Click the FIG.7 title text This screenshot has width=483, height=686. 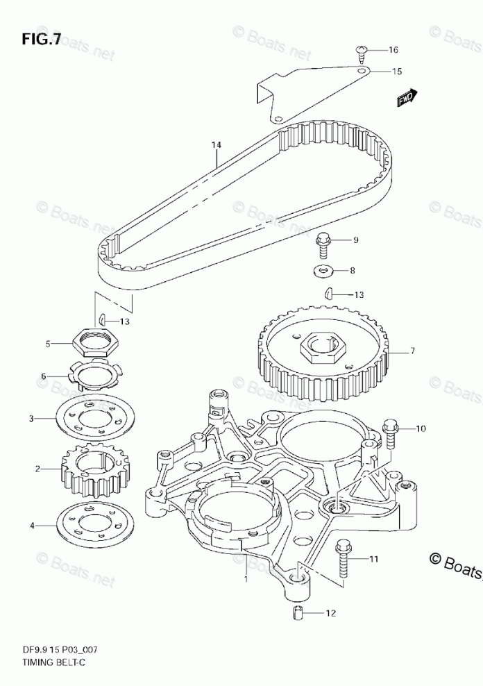(36, 39)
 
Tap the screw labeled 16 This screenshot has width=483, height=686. (362, 50)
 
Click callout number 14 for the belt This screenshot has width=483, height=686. (216, 144)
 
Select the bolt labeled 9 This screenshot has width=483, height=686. (323, 240)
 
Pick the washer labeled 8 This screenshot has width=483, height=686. (323, 269)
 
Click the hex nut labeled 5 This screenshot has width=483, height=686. (90, 341)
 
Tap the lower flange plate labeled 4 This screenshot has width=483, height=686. (91, 525)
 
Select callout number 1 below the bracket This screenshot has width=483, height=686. (245, 577)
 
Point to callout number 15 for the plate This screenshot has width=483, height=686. (397, 71)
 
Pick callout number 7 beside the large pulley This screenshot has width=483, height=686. (412, 351)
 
